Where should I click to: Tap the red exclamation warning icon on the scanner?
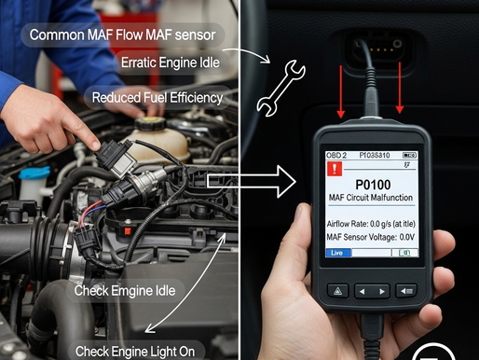pos(335,170)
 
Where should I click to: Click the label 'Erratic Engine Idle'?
pos(172,62)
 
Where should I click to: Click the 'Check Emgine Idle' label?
pos(123,290)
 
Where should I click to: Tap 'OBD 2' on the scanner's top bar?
pos(337,153)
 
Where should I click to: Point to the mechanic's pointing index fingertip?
pos(95,144)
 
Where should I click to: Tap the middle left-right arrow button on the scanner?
pos(372,289)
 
